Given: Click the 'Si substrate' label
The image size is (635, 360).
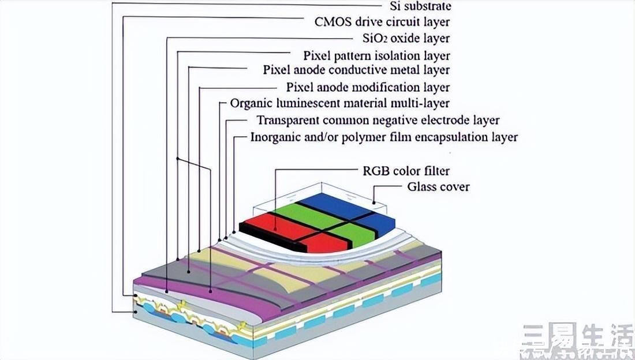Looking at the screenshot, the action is (x=420, y=6).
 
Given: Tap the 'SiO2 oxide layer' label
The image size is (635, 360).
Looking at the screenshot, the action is (x=406, y=39).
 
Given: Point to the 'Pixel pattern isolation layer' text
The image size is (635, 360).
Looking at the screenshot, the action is (x=376, y=55).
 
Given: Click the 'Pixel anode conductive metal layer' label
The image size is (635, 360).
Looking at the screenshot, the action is (x=356, y=70).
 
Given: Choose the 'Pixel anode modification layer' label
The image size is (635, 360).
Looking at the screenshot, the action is (x=368, y=87).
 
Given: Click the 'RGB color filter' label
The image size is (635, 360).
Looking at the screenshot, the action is (x=406, y=171).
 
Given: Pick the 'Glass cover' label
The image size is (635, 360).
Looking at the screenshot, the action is (x=439, y=187).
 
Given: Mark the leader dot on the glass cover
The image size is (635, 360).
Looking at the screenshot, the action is (x=374, y=202).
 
